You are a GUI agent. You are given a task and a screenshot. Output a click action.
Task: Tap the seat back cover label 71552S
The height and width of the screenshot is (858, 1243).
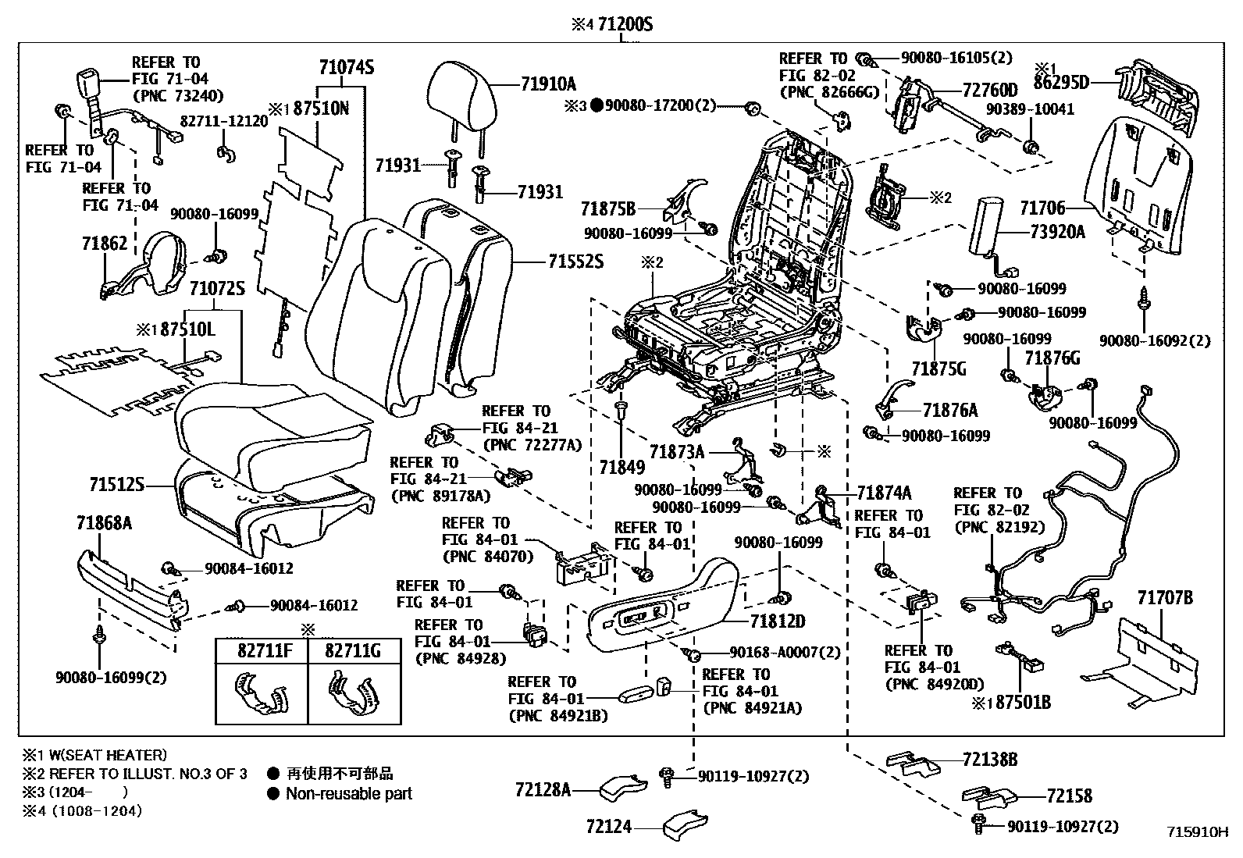click(575, 261)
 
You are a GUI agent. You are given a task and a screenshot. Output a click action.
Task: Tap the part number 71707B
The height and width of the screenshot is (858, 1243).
click(1164, 598)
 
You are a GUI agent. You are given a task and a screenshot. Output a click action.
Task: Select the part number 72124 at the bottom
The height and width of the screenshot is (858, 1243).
click(609, 826)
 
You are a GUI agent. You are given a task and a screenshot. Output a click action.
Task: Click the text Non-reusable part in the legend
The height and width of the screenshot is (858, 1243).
click(348, 794)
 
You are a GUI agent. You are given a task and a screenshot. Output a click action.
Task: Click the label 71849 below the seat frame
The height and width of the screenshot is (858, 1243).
click(621, 467)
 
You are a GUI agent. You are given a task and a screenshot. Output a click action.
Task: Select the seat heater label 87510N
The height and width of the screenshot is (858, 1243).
click(321, 109)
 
